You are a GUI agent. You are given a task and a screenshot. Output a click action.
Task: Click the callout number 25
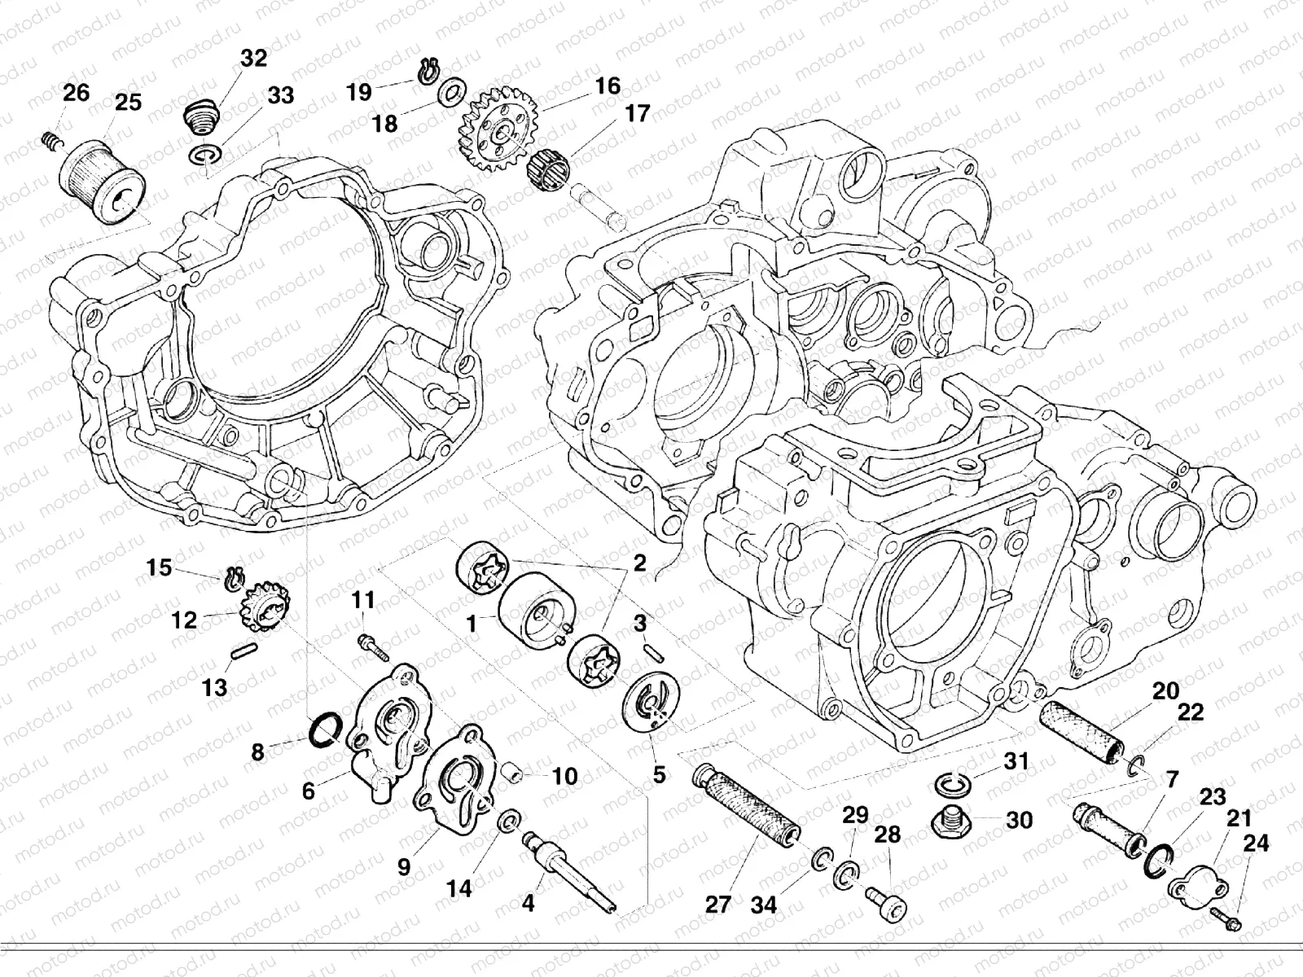[128, 103]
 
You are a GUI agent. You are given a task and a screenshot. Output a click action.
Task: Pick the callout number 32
[253, 58]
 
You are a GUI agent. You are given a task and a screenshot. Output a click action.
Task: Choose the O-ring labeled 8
[326, 727]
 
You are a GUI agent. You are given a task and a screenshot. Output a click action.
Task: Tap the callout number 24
[1255, 843]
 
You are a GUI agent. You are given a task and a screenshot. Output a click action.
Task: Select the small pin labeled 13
[244, 654]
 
